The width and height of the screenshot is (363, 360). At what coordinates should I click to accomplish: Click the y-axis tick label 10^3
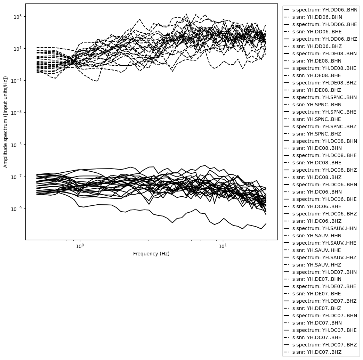click(x=17, y=16)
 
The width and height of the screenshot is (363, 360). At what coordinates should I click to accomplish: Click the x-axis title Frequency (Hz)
click(x=151, y=254)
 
